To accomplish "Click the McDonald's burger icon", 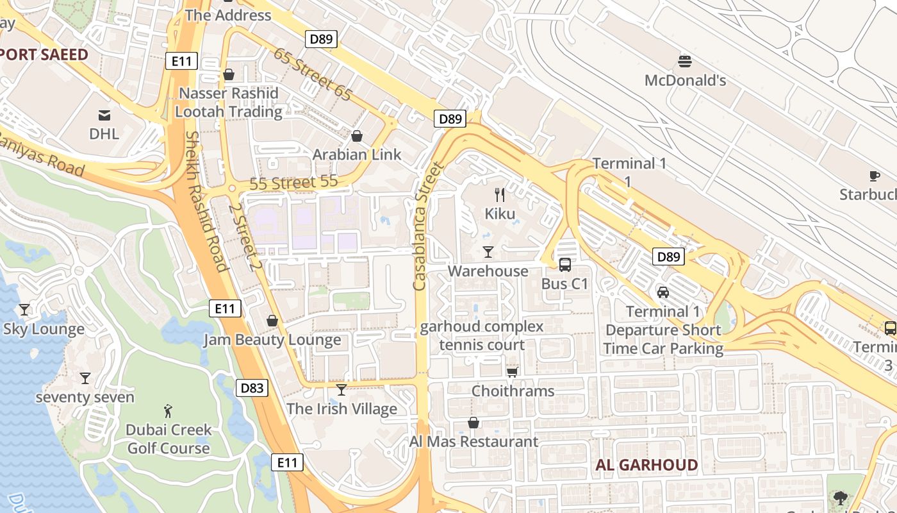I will [685, 62].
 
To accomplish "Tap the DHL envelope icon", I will [104, 115].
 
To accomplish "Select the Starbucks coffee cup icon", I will [875, 176].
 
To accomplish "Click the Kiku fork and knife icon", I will [500, 195].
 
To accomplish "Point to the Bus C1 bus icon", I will [564, 264].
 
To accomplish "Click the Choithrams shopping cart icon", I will [512, 372].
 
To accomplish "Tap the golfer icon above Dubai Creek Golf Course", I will [168, 410].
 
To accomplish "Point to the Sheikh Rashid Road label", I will [206, 201].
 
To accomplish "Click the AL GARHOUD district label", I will [646, 466].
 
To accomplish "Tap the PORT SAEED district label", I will [44, 55].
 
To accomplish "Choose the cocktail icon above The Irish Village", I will [342, 389].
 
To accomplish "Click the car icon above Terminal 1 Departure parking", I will [663, 292].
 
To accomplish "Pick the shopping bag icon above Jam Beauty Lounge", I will [272, 321].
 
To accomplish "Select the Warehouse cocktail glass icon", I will [488, 252].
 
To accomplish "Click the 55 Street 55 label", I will [293, 183].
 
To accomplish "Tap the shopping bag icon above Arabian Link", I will [357, 136].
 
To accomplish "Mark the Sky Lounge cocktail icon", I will [24, 310].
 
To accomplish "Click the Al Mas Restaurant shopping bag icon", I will [473, 423].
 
